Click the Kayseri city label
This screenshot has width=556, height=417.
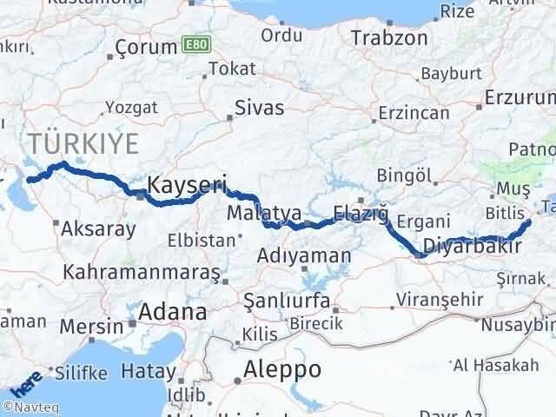pos(187,184)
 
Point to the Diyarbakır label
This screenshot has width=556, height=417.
pos(473,247)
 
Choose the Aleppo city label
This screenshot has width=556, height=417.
pos(283,369)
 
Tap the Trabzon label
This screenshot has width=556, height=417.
pos(386,38)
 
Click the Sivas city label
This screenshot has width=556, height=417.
pos(260,109)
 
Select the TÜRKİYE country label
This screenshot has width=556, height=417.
pos(73,142)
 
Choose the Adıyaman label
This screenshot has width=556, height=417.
pos(305,256)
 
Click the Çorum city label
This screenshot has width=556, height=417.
pos(146,48)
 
